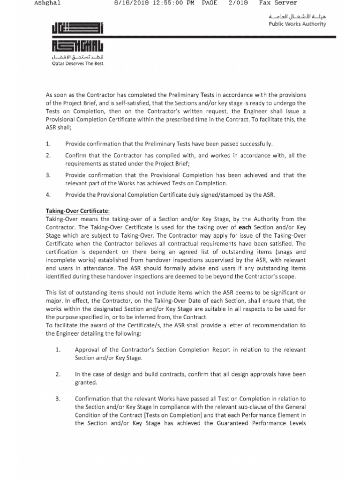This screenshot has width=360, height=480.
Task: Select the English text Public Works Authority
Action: [297, 24]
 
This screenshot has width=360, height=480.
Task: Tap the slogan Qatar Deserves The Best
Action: [77, 64]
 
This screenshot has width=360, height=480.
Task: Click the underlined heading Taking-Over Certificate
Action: [77, 211]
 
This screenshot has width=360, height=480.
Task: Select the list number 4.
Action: [48, 194]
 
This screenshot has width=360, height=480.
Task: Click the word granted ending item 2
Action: [85, 382]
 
